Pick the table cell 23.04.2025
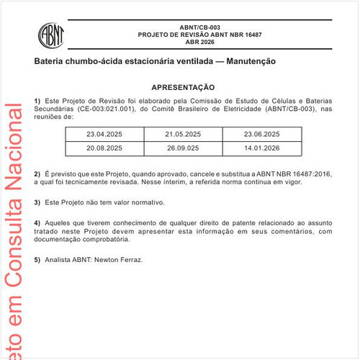pos(104,135)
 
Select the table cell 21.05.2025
pos(183,135)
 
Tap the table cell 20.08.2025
pos(104,148)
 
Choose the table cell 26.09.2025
pos(183,148)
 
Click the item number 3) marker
pos(37,203)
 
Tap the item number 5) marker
pos(37,259)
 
